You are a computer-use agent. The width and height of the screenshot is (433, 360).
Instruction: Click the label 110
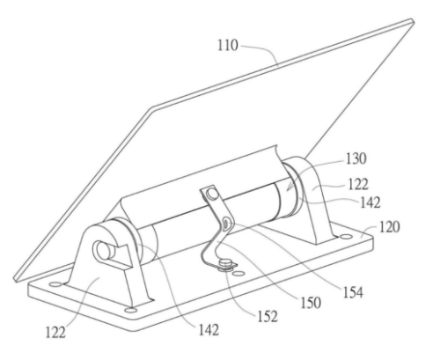point(228,46)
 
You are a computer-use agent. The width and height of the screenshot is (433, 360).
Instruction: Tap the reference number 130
point(356,158)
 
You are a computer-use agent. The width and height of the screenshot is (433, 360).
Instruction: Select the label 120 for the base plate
point(389,227)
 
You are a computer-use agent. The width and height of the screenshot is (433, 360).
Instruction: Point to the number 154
point(353,292)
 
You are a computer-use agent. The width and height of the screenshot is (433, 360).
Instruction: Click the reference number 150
point(311,302)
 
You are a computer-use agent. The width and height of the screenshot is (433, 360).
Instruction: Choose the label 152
point(268,316)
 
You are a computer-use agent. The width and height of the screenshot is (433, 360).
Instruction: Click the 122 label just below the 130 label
point(358,184)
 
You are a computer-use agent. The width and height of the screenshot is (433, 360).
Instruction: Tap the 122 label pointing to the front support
point(55,333)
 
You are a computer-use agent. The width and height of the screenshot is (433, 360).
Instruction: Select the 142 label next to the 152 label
point(209,330)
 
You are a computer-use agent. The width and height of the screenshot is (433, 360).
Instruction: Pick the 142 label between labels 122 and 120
point(371,202)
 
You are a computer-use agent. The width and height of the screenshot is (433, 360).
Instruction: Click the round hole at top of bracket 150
point(211,194)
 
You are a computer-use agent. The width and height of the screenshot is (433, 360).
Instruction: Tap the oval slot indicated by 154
point(226,224)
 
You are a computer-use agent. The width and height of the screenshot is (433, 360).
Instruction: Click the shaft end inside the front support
point(104,250)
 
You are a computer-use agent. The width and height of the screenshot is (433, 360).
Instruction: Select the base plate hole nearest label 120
point(346,236)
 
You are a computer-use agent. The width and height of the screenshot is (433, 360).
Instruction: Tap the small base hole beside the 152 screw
point(239,274)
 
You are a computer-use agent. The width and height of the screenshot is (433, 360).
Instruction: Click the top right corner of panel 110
point(413,20)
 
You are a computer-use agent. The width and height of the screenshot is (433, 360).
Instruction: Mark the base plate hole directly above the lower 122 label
point(55,284)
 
